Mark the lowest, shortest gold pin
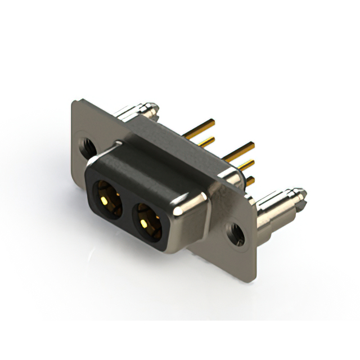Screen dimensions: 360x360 click(x=249, y=181)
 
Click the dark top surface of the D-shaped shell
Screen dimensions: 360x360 click(x=152, y=169)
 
